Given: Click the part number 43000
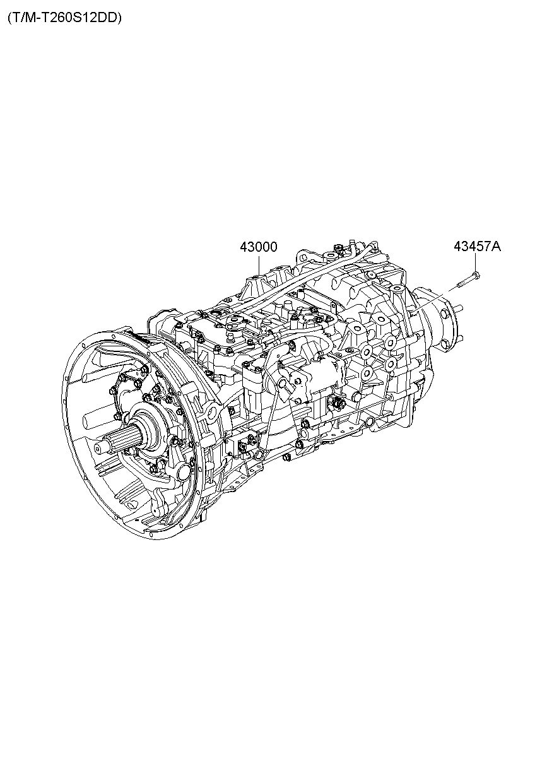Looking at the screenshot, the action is click(259, 247).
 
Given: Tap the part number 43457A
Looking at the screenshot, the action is click(477, 246).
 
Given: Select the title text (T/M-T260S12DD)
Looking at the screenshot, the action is click(64, 18).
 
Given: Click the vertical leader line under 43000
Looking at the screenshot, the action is click(259, 264).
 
